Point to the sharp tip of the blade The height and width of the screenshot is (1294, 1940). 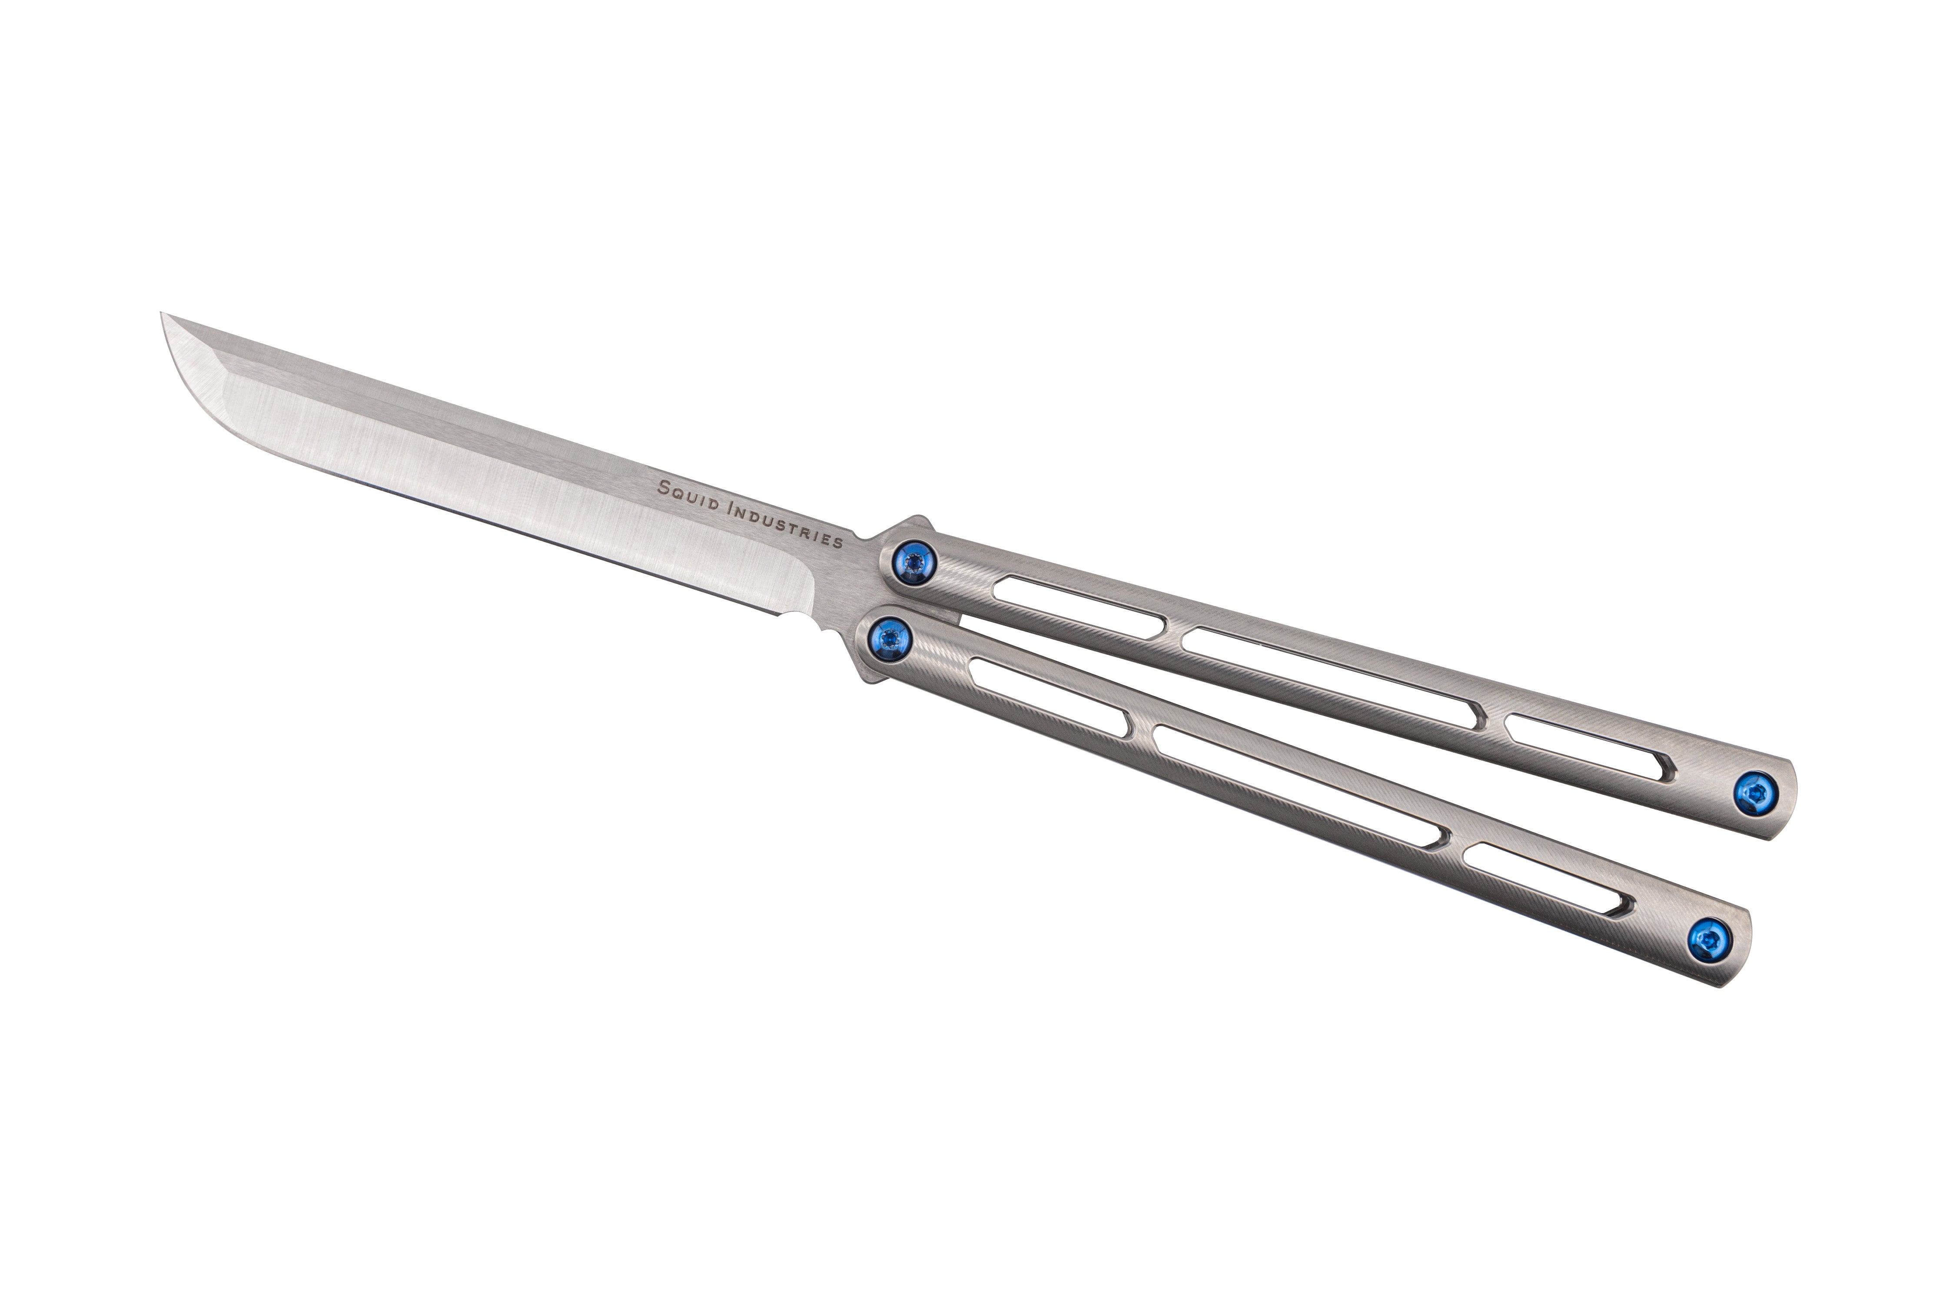[162, 314]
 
